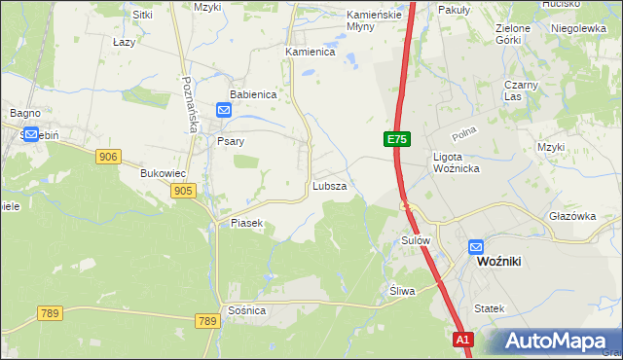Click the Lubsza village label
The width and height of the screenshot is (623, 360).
click(x=329, y=185)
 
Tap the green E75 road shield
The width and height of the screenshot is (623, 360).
click(x=395, y=140)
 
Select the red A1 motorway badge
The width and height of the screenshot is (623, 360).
click(x=464, y=340)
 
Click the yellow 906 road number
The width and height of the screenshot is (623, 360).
click(x=108, y=156)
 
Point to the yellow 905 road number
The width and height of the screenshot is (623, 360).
click(x=182, y=192)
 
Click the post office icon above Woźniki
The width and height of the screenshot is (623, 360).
click(x=476, y=247)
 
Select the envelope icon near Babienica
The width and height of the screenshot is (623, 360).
click(x=224, y=112)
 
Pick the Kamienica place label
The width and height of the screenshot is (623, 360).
click(x=310, y=52)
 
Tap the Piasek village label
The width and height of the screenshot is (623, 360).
click(x=247, y=223)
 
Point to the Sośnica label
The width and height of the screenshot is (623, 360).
click(x=246, y=309)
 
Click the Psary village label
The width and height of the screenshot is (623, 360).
click(x=230, y=141)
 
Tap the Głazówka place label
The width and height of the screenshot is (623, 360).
click(x=570, y=217)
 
